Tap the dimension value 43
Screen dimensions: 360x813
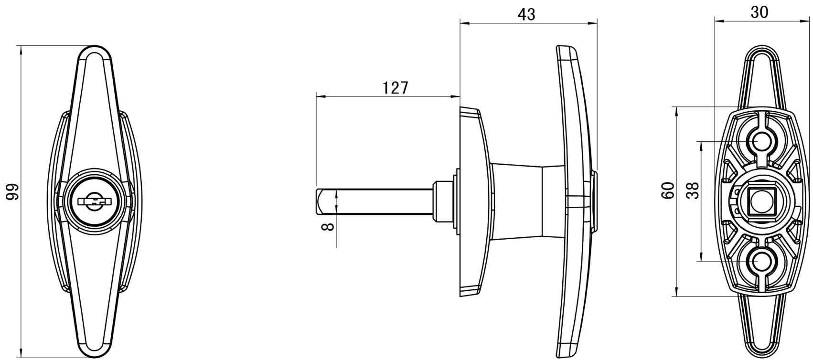526,14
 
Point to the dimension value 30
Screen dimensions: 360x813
759,12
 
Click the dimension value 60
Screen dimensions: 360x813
668,191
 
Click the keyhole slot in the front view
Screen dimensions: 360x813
94,201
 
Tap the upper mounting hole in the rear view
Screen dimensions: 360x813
759,142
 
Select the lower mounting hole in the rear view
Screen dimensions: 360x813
759,261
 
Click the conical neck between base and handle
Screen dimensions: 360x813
516,201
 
